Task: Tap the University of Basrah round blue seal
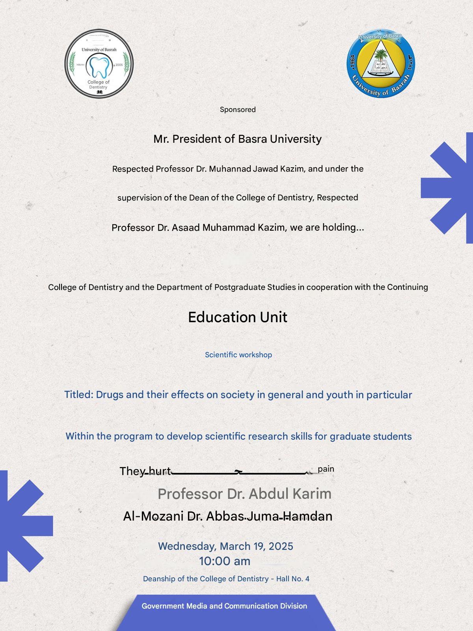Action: coord(381,63)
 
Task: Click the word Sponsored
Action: coord(238,110)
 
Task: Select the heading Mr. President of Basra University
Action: coord(238,139)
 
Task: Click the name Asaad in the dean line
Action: coord(186,228)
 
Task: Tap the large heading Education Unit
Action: coord(238,317)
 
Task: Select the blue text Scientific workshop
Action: coord(238,355)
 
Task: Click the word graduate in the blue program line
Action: coord(347,437)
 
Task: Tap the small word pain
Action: coord(326,469)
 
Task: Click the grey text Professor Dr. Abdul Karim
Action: coord(244,494)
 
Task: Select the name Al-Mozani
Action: coord(153,516)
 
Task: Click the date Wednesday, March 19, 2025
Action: coord(225,546)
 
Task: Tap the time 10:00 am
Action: coord(225,561)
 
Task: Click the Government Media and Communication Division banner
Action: coord(224,606)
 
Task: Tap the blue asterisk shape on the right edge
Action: coord(449,188)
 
